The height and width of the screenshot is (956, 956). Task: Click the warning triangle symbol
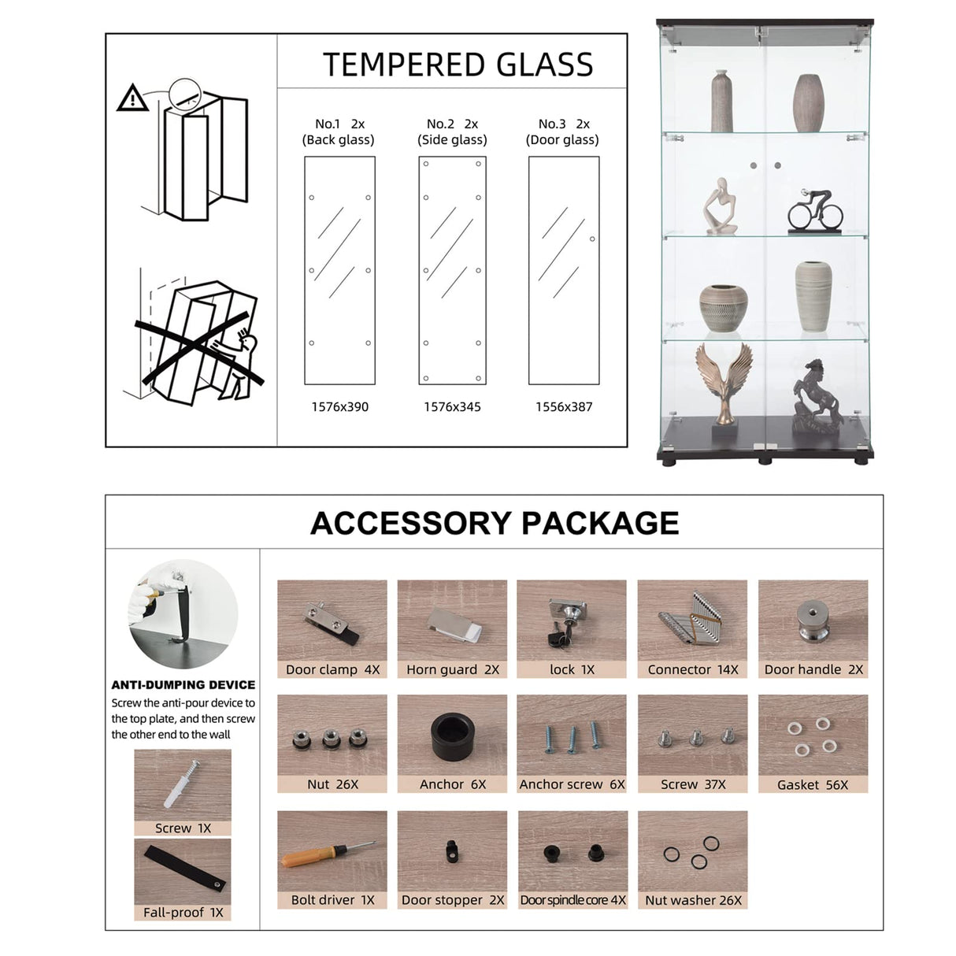(x=132, y=98)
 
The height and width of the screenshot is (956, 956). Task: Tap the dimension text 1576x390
(x=340, y=407)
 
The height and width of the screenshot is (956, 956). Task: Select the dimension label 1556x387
(x=564, y=407)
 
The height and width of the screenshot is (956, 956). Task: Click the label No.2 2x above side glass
(x=452, y=124)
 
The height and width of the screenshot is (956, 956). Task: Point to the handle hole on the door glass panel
(x=592, y=239)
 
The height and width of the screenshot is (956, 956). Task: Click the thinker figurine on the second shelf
(x=721, y=206)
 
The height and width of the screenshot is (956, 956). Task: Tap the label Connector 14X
(x=692, y=669)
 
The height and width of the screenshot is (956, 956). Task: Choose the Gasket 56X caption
(x=813, y=785)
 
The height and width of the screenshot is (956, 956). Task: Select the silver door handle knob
(x=813, y=621)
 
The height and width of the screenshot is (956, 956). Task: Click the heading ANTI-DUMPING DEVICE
(x=183, y=684)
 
